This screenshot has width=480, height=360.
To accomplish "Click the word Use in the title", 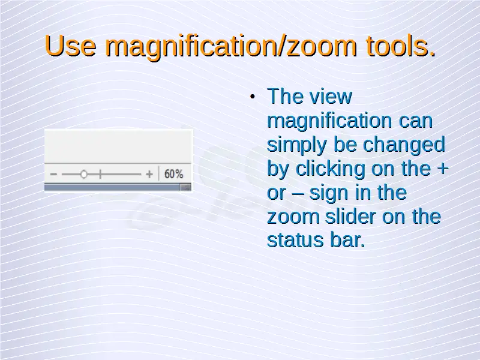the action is tap(70, 46).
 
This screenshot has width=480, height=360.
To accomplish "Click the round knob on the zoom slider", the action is tap(83, 175).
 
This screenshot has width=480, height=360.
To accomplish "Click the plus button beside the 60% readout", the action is tap(149, 175).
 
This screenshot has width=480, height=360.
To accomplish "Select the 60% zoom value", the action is tap(173, 174).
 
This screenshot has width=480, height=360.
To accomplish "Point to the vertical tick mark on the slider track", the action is tap(100, 175).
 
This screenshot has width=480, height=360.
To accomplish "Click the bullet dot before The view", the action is tap(252, 97).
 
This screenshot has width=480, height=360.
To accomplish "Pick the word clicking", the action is tap(331, 169).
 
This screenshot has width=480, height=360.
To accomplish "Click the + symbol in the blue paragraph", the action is tap(443, 169).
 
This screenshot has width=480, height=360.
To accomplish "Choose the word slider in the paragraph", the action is tap(350, 216).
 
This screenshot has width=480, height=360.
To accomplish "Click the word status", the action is tap(295, 240).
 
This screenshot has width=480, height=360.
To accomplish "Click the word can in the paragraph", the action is tap(416, 121).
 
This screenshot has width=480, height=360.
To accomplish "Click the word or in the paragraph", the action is tap(277, 194).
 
